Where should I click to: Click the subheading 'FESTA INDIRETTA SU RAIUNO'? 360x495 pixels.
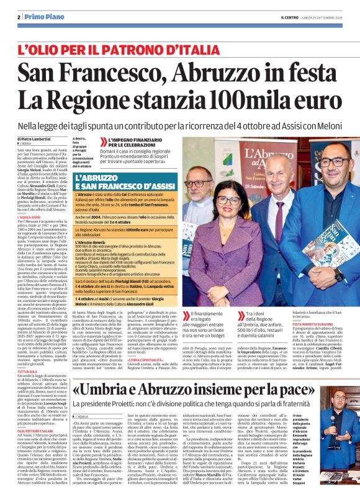pos(314,323)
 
